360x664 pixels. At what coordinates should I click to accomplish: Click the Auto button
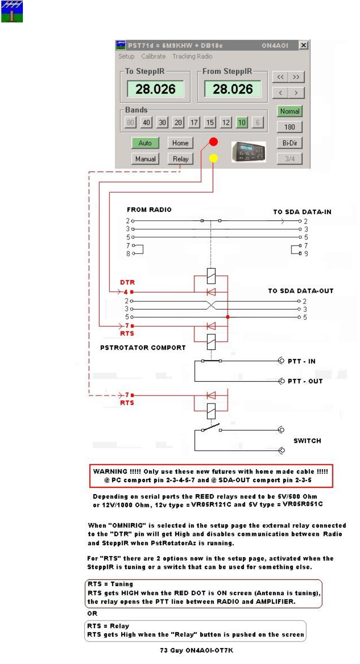[145, 143]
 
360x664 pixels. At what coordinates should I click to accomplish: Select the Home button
[180, 143]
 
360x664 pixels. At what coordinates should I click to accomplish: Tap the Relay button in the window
[180, 159]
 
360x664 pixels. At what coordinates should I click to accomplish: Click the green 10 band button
[242, 123]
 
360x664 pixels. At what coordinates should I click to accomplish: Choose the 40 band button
[146, 123]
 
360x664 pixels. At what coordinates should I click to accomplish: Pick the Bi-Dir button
[289, 143]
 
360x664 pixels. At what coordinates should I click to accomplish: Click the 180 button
[289, 127]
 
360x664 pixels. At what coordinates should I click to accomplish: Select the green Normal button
[289, 112]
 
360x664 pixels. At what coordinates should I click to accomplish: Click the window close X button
[303, 45]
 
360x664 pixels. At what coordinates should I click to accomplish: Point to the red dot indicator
[213, 142]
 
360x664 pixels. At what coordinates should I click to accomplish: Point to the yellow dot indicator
[213, 158]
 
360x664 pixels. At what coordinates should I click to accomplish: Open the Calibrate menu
[153, 57]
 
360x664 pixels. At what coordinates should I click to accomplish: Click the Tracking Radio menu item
[192, 57]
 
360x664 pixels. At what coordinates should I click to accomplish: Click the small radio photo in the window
[249, 152]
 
